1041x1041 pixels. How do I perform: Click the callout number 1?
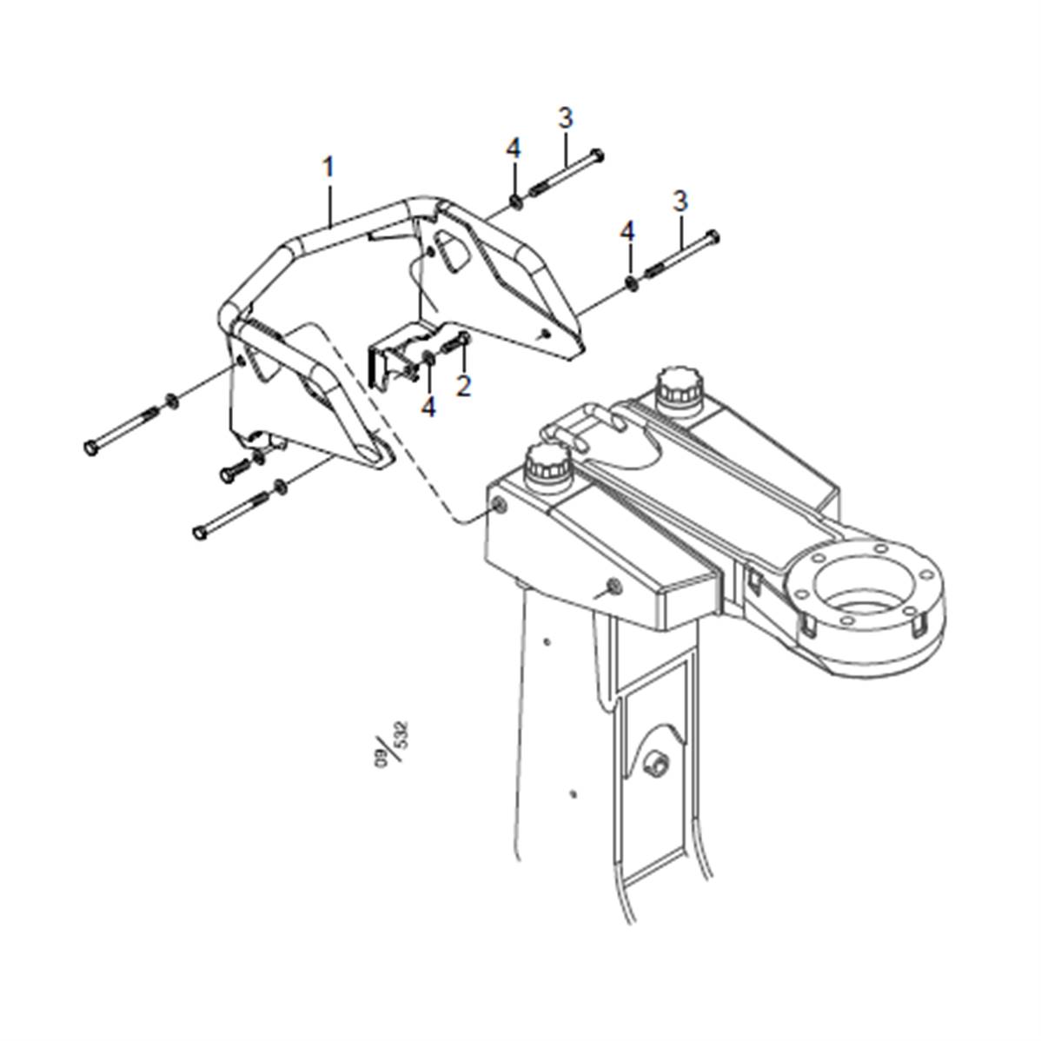(328, 166)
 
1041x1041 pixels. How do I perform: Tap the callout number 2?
(463, 384)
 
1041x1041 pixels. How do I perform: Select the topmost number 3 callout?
(566, 117)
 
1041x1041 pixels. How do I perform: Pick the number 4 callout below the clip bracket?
(428, 406)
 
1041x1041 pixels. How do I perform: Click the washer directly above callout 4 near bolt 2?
(429, 359)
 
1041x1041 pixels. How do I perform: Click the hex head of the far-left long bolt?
(90, 447)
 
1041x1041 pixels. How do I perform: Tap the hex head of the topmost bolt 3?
(597, 156)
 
